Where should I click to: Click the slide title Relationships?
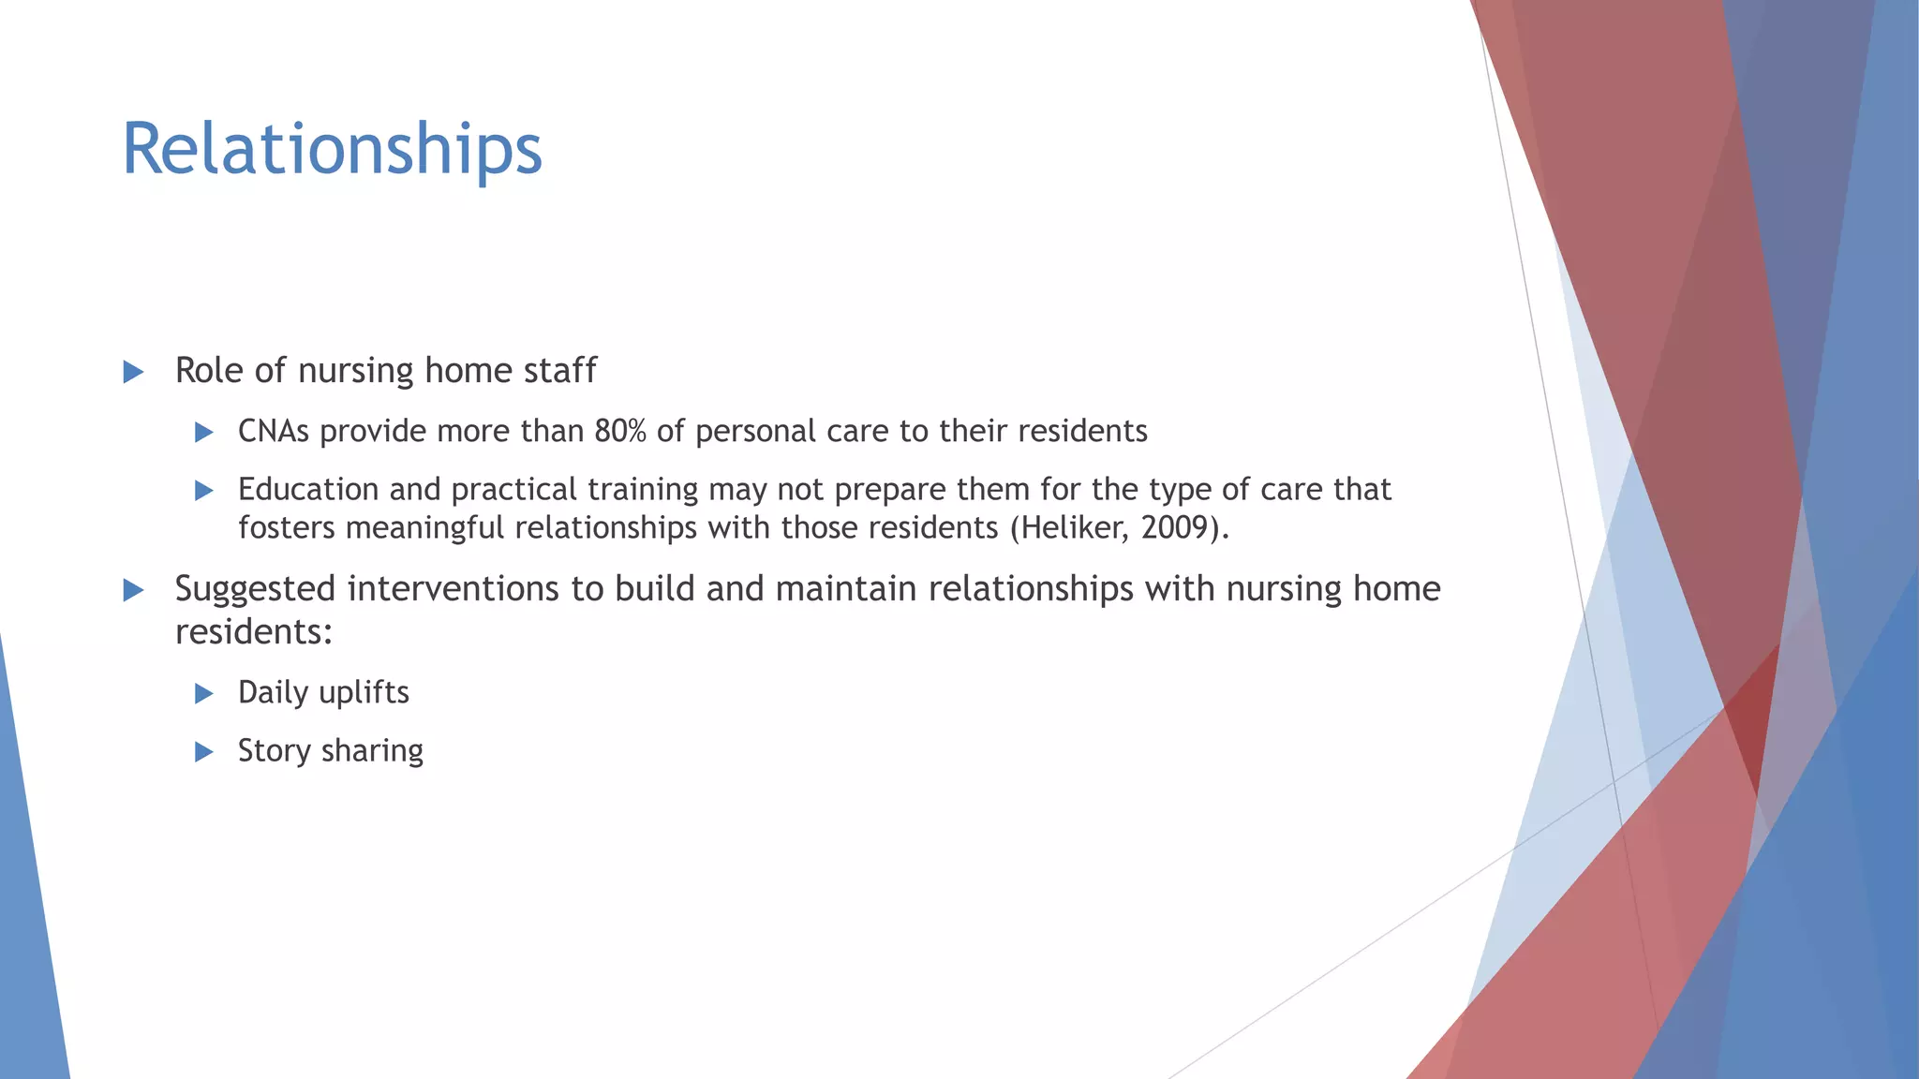point(332,150)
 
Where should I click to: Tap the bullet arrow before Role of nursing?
point(133,373)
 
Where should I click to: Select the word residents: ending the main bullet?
point(254,632)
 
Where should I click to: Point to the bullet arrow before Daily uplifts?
point(203,694)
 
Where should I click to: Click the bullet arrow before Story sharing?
point(203,752)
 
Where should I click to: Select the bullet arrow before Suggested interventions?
point(133,590)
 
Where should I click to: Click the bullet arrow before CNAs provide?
point(203,433)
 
